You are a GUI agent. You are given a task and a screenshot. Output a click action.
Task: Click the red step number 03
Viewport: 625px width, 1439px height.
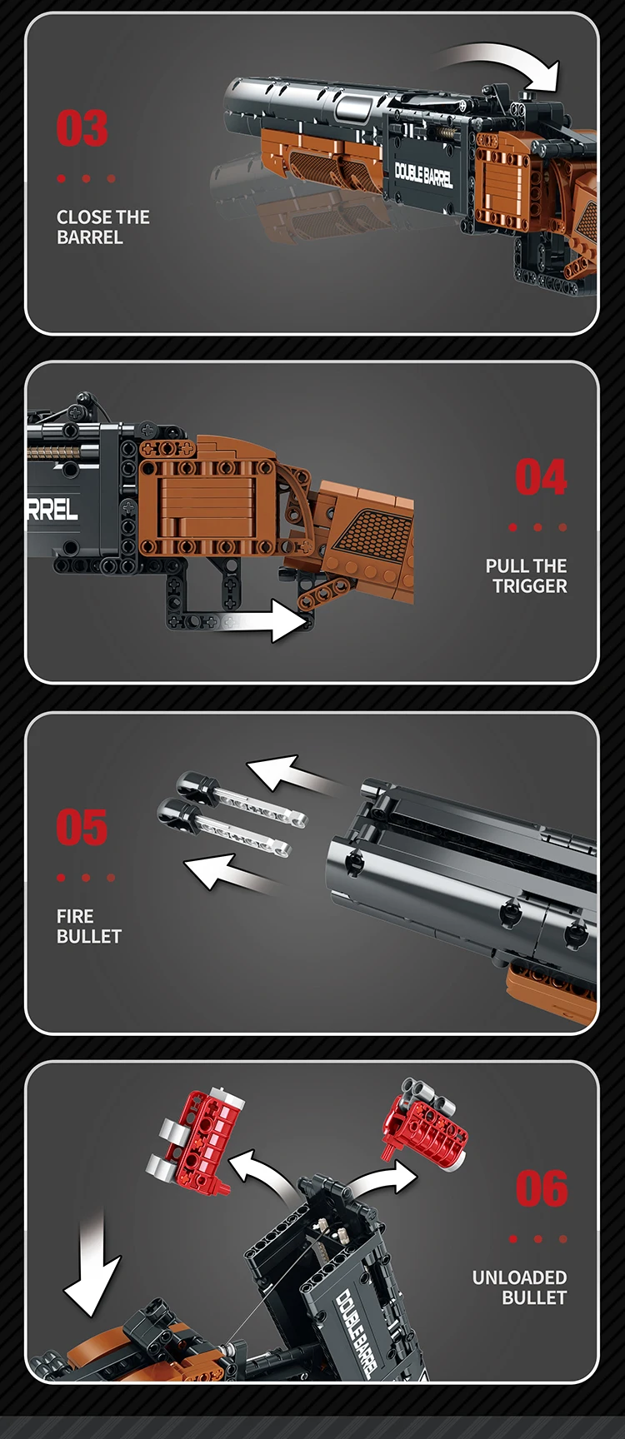tap(82, 129)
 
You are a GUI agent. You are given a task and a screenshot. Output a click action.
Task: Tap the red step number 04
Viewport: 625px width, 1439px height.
tap(541, 478)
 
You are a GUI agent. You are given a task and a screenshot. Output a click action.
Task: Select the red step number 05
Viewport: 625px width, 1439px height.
tap(82, 828)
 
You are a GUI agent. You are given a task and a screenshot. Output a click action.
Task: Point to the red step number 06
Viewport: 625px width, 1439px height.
tap(542, 1188)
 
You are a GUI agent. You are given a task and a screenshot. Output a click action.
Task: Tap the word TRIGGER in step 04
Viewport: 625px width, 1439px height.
tap(529, 586)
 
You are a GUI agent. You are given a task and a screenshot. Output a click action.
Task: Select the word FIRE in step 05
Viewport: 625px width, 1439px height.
tap(75, 916)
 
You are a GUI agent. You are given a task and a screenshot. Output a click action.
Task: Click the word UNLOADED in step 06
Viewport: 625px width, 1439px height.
tap(519, 1277)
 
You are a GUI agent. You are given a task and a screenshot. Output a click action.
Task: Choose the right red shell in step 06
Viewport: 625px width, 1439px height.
tap(424, 1121)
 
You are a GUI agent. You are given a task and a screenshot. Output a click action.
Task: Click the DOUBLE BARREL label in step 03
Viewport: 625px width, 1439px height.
tap(423, 174)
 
